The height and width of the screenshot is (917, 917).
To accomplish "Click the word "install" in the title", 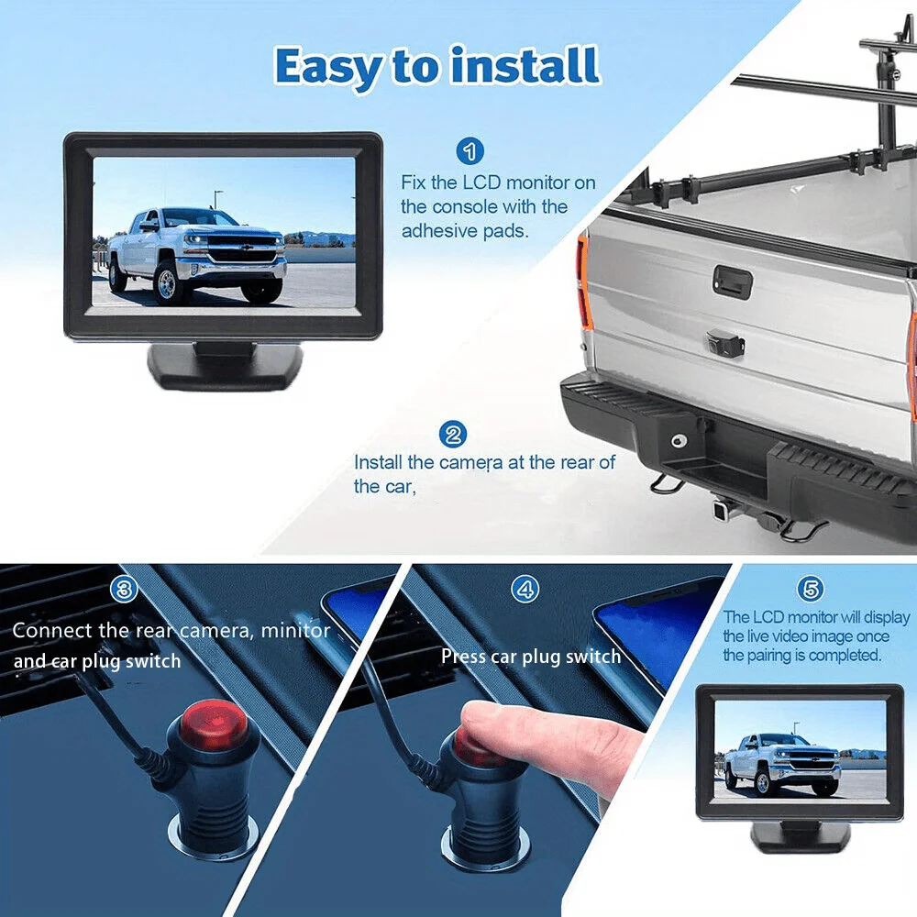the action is (x=525, y=65).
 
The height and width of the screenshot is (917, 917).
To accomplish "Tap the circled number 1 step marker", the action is (x=470, y=151).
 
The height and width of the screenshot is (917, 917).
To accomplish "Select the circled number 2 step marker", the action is (x=453, y=435).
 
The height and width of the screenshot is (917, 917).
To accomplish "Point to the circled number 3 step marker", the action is (x=124, y=590).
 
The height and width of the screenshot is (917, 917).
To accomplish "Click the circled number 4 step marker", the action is (x=525, y=590).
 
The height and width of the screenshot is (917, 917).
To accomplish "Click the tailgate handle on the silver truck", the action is (x=732, y=282).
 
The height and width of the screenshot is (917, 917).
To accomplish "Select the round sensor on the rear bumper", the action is (x=679, y=440).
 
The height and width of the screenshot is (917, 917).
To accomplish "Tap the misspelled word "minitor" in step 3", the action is (x=295, y=631).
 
